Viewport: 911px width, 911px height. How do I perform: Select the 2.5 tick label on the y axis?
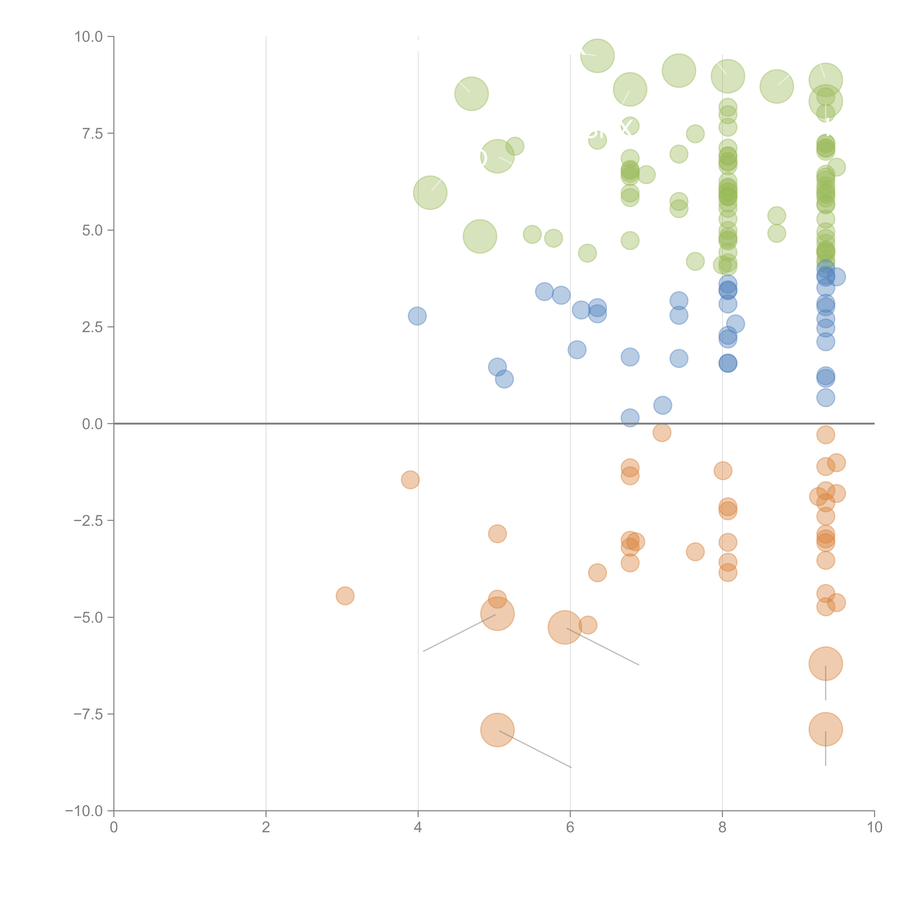pos(92,327)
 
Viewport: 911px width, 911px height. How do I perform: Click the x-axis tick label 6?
pos(570,828)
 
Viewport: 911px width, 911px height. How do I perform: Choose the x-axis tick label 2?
pos(266,828)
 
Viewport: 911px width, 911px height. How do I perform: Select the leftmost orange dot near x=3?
pos(345,596)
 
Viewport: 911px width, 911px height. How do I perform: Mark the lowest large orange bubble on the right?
pos(825,729)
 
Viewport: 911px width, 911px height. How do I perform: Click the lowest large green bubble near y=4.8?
pos(480,236)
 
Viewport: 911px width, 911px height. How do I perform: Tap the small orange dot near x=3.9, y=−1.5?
pos(410,480)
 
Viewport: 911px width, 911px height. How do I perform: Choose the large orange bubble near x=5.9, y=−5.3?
pos(564,627)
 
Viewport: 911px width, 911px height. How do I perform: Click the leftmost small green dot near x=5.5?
pos(532,234)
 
